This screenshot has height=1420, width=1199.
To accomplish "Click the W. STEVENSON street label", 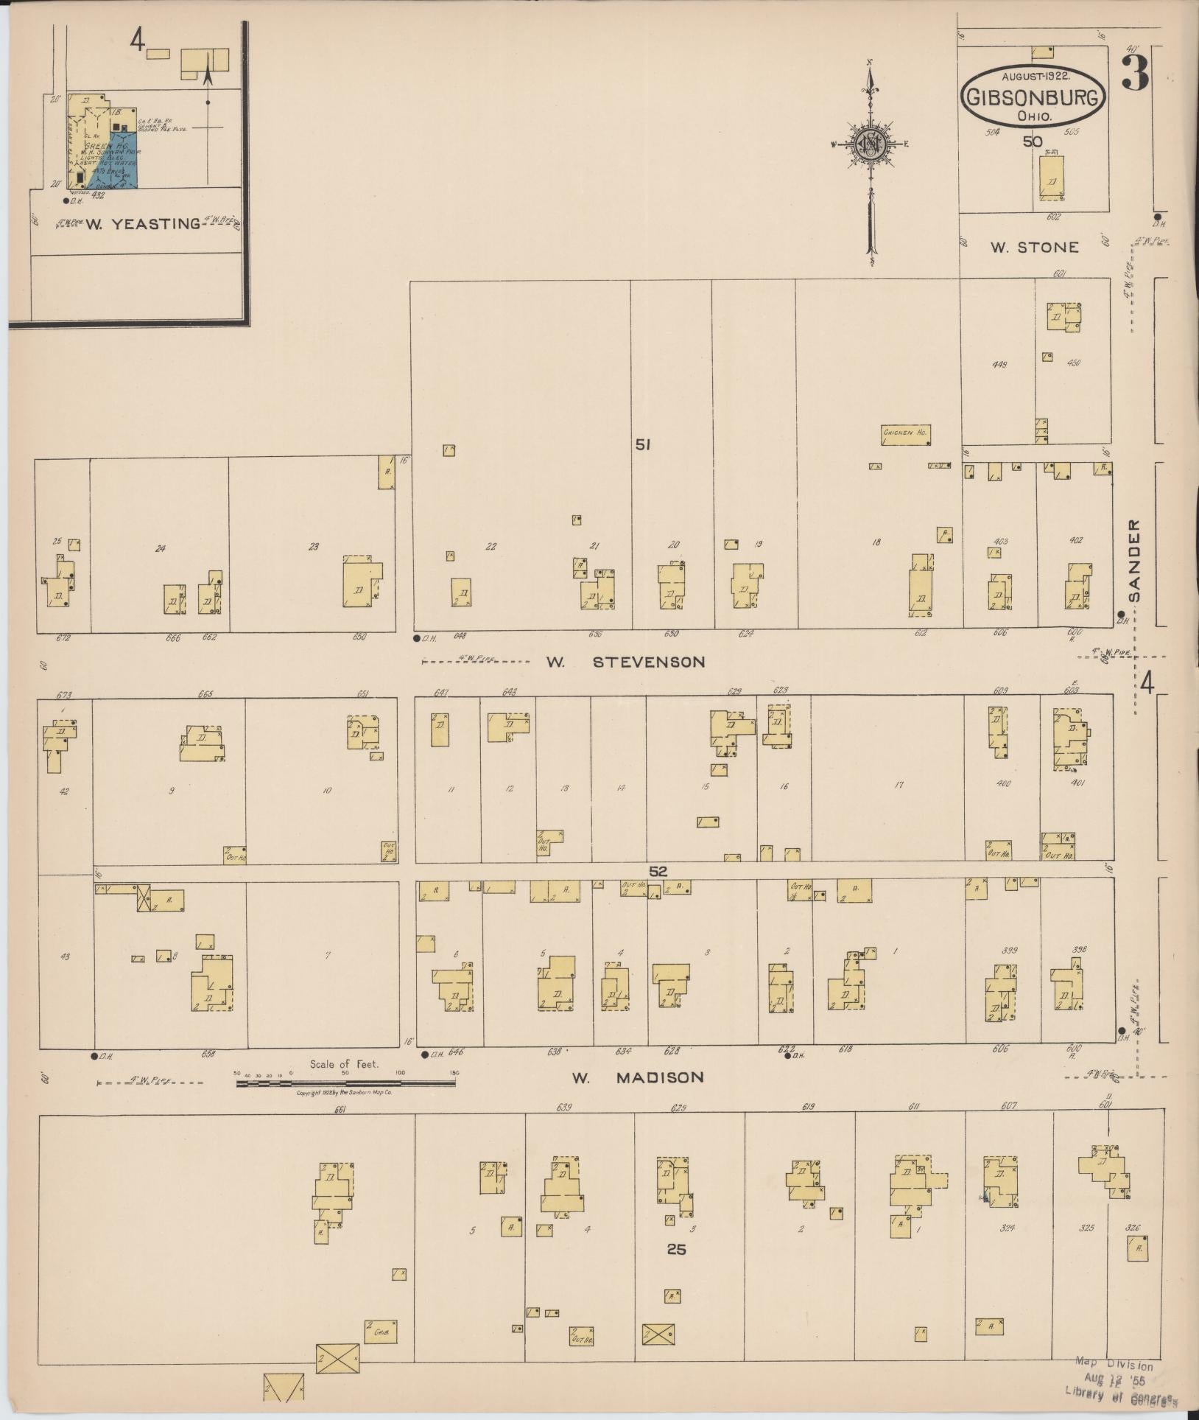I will point(625,662).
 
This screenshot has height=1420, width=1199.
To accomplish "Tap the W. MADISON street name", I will point(638,1077).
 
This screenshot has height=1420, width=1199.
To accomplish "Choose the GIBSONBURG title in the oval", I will point(1034,97).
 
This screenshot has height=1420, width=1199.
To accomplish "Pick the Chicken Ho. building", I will point(904,434).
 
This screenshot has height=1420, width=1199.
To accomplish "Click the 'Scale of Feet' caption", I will point(344,1064).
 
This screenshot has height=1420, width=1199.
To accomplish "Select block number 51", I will point(643,444).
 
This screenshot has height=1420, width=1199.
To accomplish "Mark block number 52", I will point(658,871).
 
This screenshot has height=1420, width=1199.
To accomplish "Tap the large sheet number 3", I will point(1135,74).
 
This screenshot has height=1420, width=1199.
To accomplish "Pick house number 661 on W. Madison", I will point(340,1109).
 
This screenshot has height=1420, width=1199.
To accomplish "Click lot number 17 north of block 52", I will point(899,786).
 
